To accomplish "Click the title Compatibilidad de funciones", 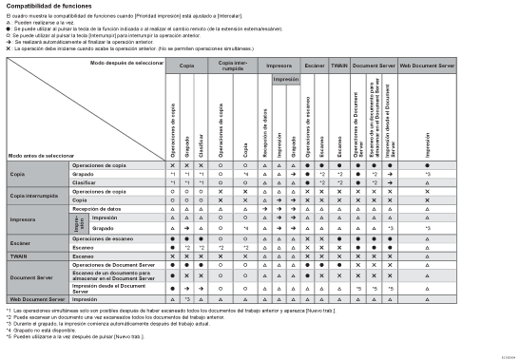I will click(48, 8).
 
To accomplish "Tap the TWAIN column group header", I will click(338, 67).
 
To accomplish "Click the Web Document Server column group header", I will click(427, 67).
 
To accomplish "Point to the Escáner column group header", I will click(314, 67).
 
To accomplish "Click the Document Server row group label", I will click(31, 276).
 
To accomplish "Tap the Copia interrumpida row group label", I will click(36, 196).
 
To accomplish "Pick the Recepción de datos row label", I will click(96, 208).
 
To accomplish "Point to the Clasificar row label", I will click(86, 181).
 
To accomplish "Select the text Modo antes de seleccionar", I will click(41, 154).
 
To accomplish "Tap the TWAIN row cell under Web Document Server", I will click(427, 256).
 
